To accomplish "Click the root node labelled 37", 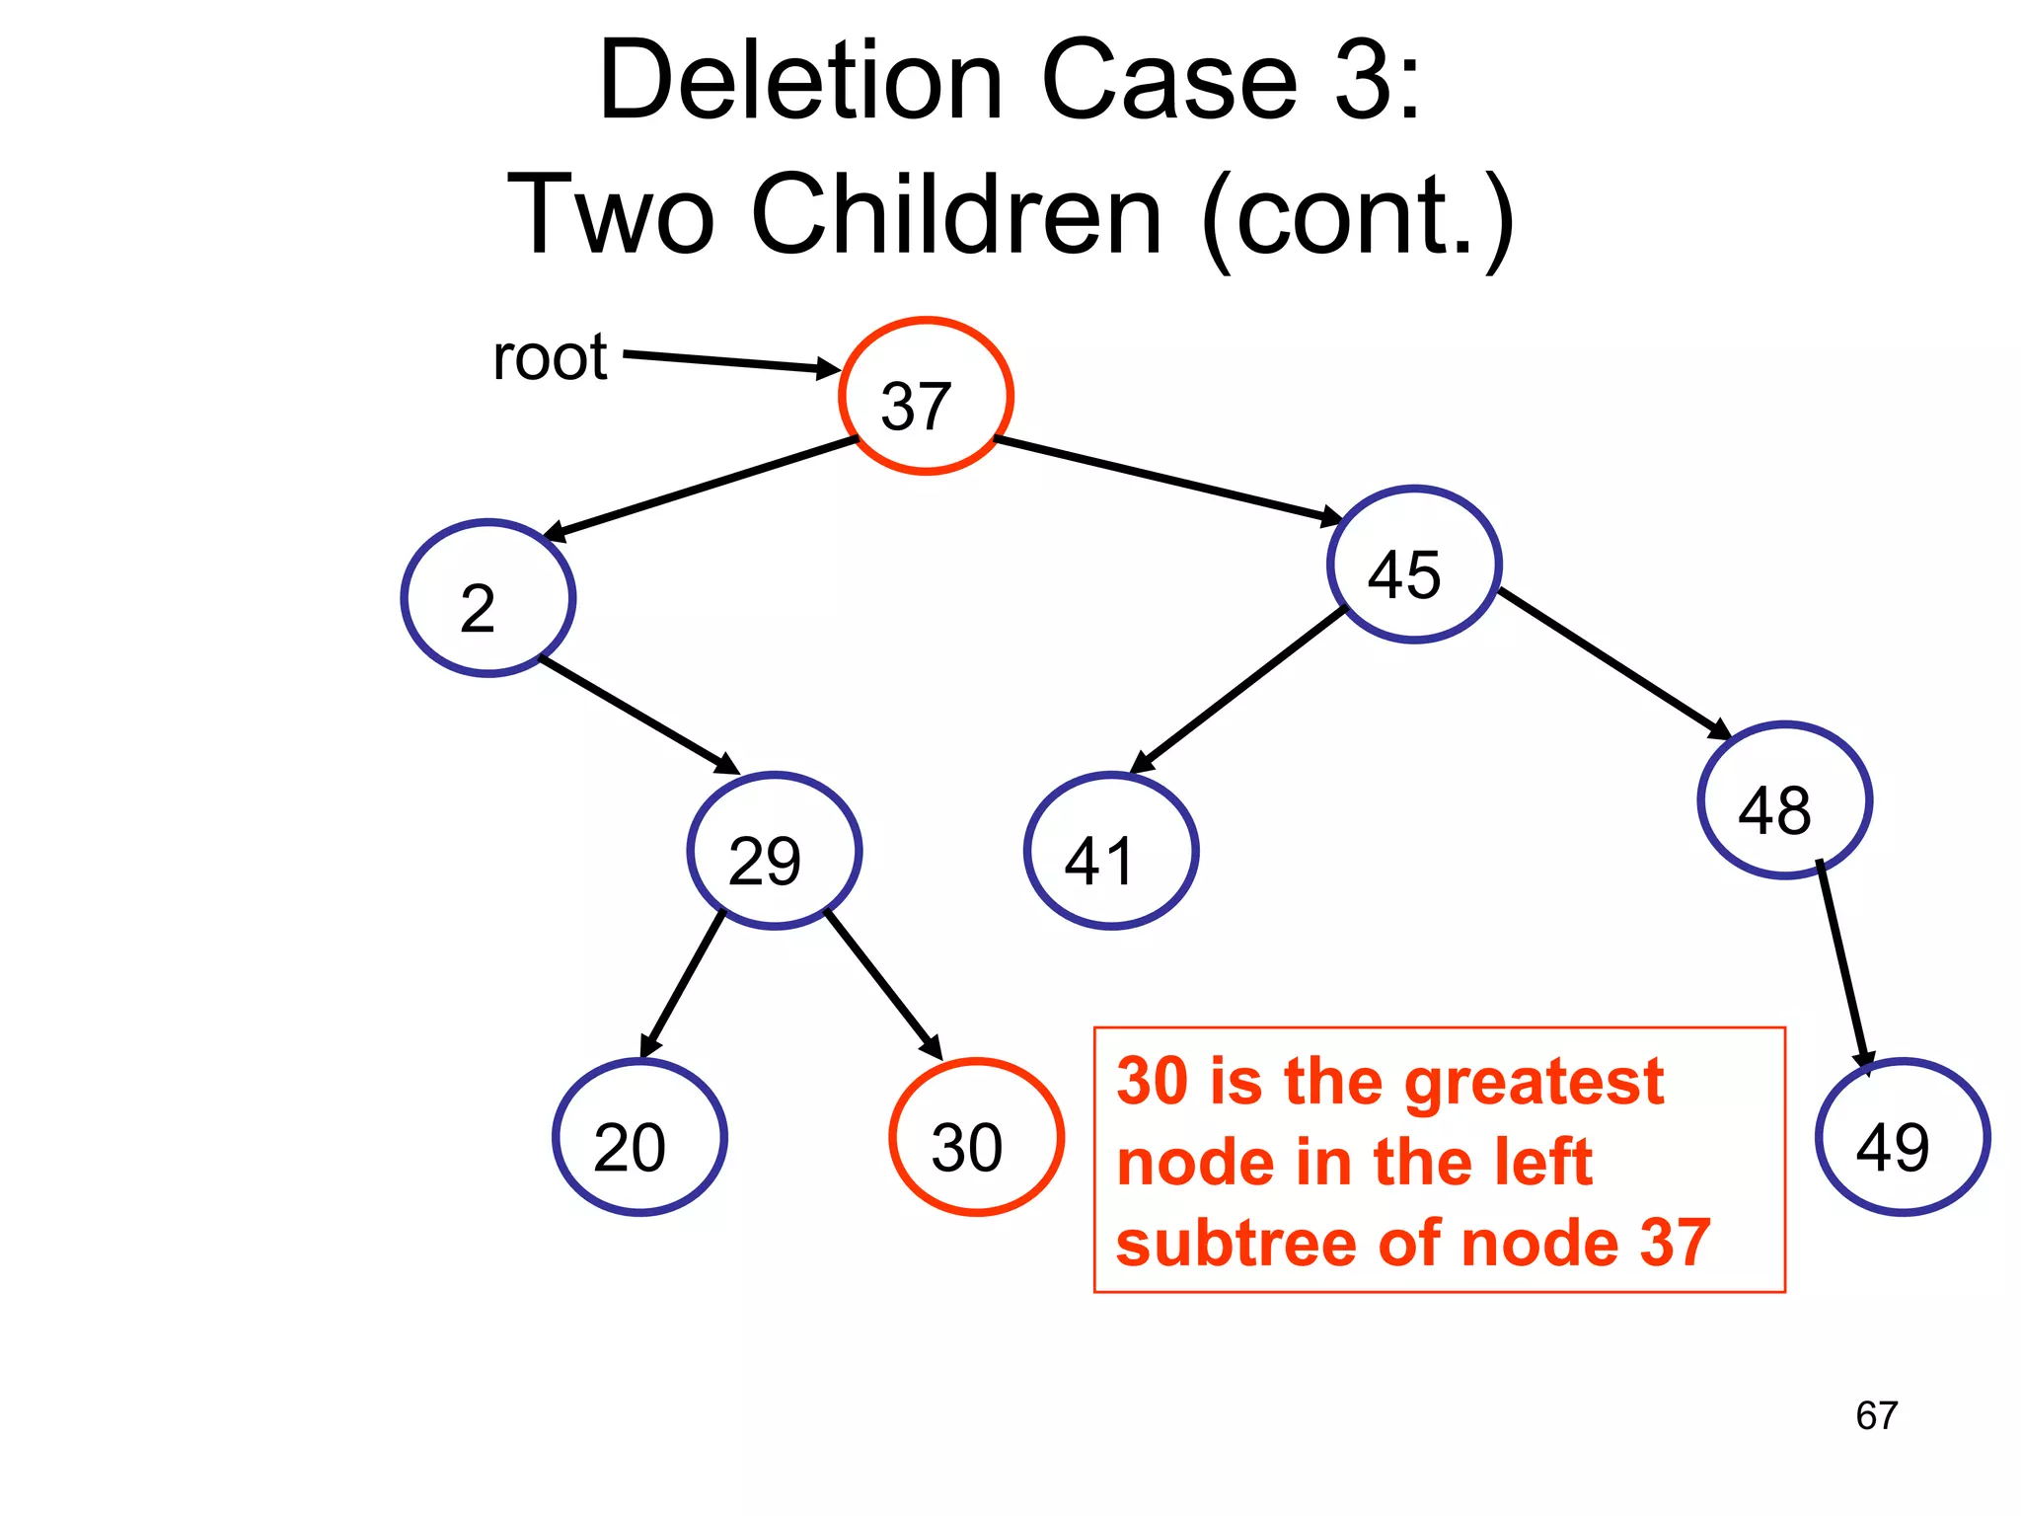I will pyautogui.click(x=926, y=396).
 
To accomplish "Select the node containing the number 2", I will pyautogui.click(x=488, y=598).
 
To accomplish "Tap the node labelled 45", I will pyautogui.click(x=1414, y=565).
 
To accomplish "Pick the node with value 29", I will pyautogui.click(x=775, y=851).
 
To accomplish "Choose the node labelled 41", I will pyautogui.click(x=1111, y=851).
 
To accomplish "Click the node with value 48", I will pyautogui.click(x=1784, y=800).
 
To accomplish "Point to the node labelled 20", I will pyautogui.click(x=639, y=1137).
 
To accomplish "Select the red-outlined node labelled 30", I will pyautogui.click(x=976, y=1137).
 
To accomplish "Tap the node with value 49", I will pyautogui.click(x=1903, y=1137).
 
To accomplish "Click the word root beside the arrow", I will pyautogui.click(x=550, y=357).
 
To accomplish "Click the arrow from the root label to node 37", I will pyautogui.click(x=730, y=361).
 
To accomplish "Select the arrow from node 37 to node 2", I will pyautogui.click(x=701, y=489).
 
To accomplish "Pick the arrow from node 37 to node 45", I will pyautogui.click(x=1169, y=479).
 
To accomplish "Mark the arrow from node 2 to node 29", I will pyautogui.click(x=639, y=716).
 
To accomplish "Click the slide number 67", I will pyautogui.click(x=1876, y=1416).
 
